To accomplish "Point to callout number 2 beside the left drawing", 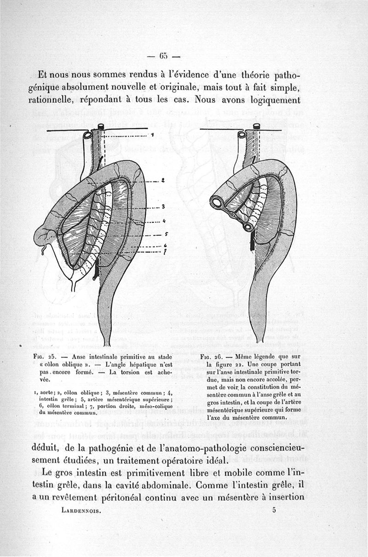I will coord(163,181).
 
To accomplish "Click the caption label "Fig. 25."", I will coord(45,356).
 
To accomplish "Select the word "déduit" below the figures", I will coord(55,448).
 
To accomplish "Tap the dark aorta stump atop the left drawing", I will coord(101,127).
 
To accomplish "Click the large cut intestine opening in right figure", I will coord(216,201).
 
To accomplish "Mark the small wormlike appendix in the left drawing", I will coord(43,249).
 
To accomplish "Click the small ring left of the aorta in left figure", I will coord(87,135).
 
